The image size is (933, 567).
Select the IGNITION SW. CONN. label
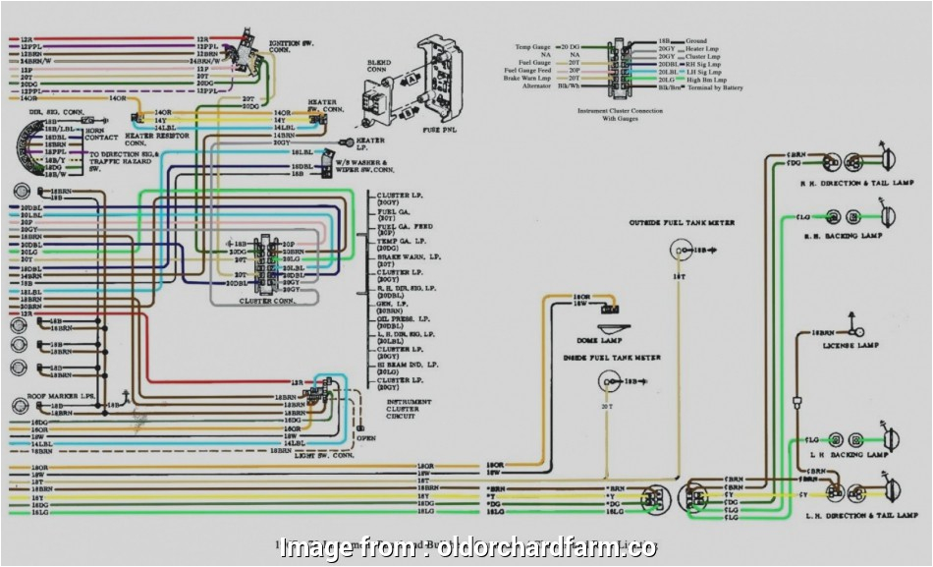tap(292, 46)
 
